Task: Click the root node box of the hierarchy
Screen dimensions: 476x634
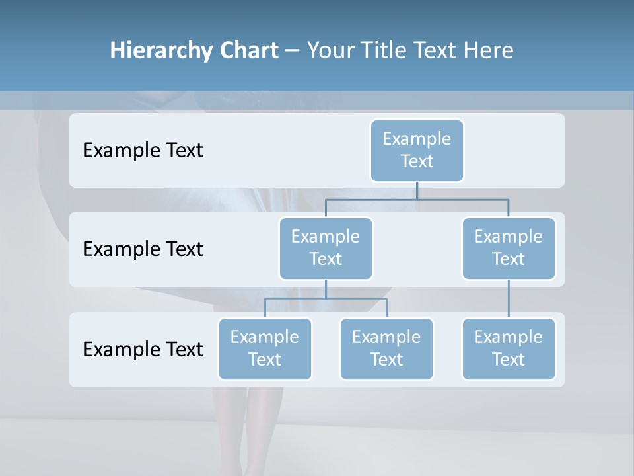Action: tap(417, 150)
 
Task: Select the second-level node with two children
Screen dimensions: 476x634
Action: tap(326, 248)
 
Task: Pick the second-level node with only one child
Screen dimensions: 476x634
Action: tap(509, 248)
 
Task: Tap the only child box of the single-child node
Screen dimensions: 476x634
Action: tap(509, 348)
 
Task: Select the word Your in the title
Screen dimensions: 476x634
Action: tap(330, 50)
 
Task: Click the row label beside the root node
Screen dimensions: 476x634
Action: tap(143, 150)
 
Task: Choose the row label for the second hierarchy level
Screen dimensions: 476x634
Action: tap(143, 249)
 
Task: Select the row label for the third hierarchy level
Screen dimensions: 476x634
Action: tap(143, 349)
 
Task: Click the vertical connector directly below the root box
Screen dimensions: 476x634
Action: tap(417, 190)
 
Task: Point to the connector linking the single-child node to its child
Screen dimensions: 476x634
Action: tap(509, 299)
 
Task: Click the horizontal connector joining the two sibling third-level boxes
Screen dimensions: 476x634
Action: tap(326, 299)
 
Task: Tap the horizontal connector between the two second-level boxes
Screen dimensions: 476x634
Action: tap(417, 199)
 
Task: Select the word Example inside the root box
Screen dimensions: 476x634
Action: tap(417, 139)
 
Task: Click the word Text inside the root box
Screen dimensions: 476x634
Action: tap(417, 161)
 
